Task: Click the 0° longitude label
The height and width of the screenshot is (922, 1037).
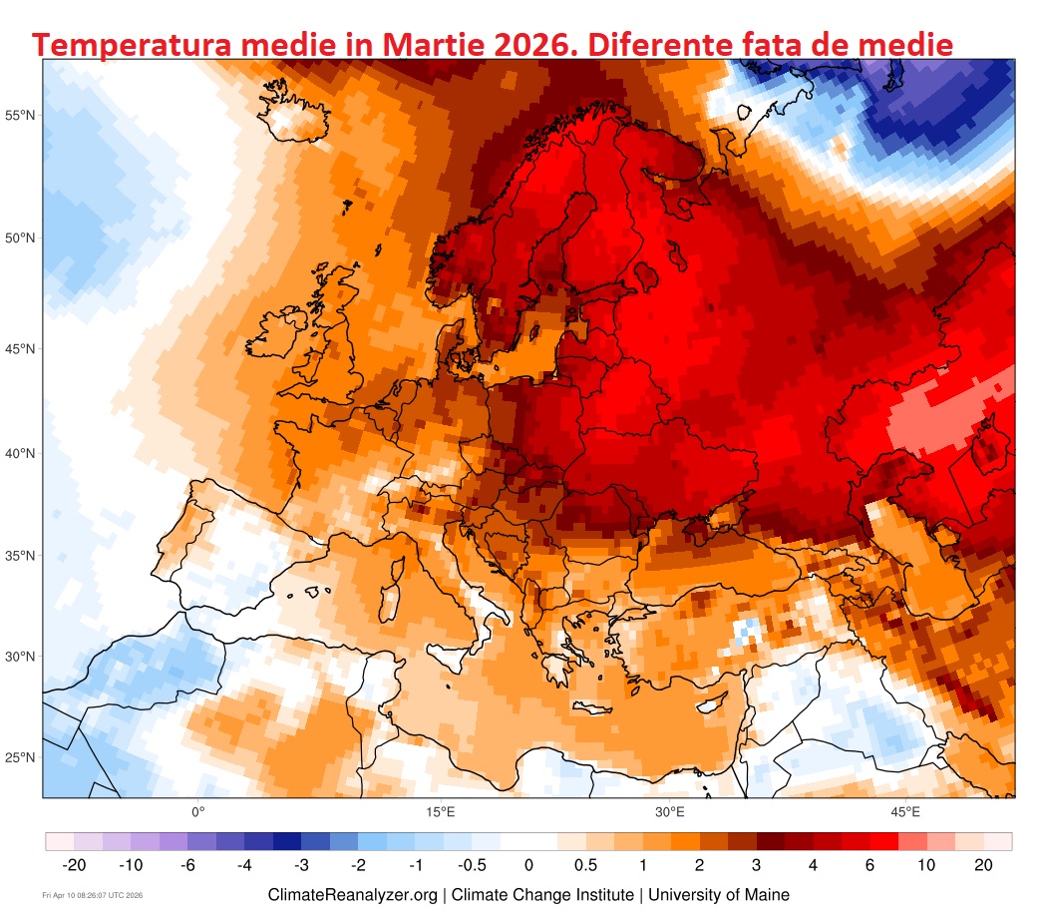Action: coord(197,811)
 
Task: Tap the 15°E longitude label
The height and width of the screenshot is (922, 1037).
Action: coord(441,811)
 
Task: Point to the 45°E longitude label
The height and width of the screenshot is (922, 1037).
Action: coord(905,811)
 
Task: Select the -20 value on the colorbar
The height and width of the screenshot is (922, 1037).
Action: coord(74,864)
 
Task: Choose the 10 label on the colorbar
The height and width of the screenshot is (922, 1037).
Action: coord(926,864)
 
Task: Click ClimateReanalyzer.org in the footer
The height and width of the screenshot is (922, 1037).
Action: coord(352,895)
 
